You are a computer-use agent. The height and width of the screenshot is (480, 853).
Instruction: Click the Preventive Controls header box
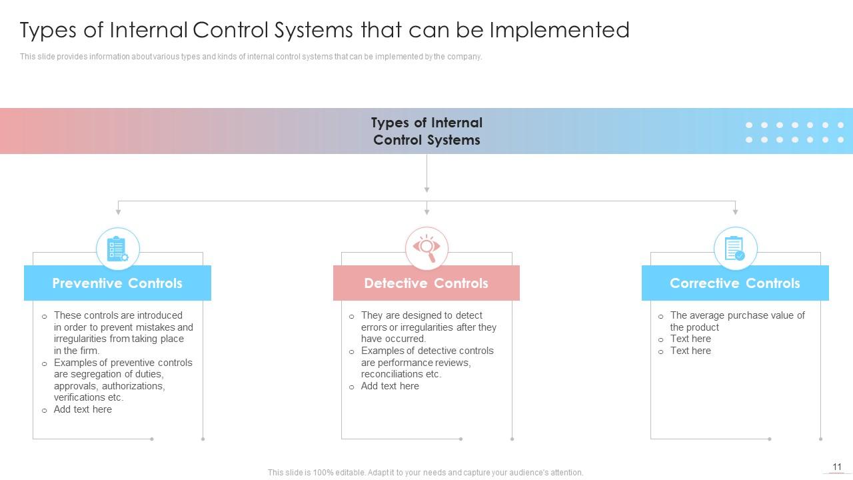click(117, 283)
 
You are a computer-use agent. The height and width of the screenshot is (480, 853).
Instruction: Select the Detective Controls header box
click(426, 283)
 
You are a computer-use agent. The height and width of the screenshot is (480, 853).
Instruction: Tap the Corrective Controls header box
click(734, 283)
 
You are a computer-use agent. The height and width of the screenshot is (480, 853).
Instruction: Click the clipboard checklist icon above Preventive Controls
click(117, 249)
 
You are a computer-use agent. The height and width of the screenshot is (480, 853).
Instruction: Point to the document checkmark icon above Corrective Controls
click(735, 249)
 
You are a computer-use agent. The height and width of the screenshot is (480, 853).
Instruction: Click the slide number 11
click(837, 467)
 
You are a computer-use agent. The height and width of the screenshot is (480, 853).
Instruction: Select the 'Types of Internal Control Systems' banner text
click(426, 131)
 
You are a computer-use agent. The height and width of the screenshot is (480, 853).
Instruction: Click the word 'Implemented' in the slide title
click(559, 30)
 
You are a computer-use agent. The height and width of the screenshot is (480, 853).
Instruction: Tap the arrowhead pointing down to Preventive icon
click(118, 211)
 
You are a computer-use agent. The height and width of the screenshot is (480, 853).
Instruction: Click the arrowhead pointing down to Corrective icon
click(735, 211)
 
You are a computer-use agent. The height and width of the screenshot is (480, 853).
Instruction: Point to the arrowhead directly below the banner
click(426, 189)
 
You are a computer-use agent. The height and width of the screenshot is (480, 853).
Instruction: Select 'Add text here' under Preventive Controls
click(83, 409)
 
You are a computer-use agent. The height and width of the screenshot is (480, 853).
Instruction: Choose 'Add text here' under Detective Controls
click(390, 386)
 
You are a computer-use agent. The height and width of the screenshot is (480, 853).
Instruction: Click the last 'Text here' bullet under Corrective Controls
click(690, 351)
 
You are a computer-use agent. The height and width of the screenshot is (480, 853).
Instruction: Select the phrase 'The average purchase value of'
click(737, 315)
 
